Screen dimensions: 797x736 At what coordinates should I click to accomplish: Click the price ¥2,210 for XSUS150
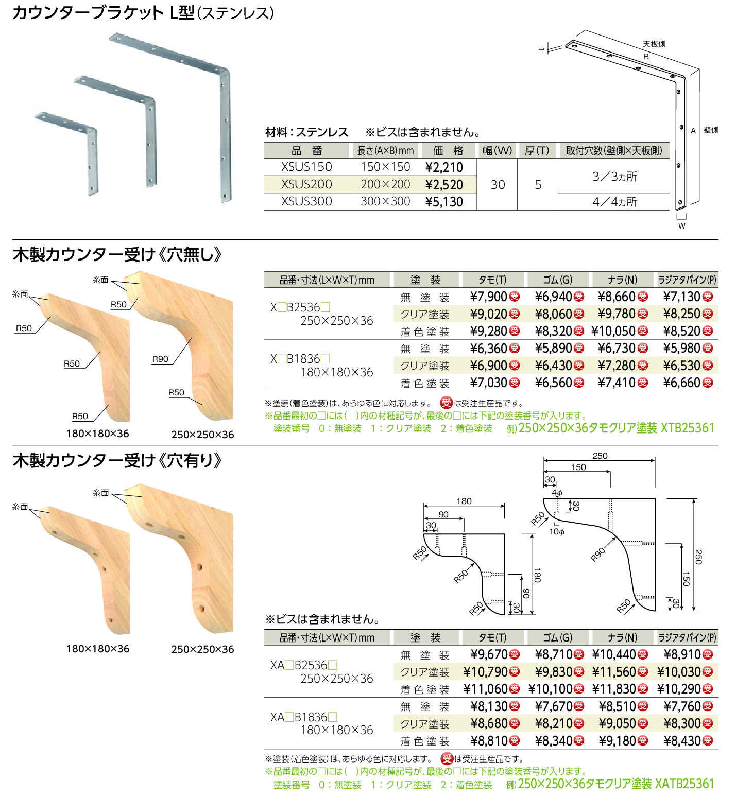pyautogui.click(x=444, y=167)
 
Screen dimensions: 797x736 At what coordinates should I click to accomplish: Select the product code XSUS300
pyautogui.click(x=306, y=201)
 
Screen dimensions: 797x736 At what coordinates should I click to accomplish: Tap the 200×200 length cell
pyautogui.click(x=385, y=184)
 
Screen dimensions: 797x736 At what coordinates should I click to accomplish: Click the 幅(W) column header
pyautogui.click(x=497, y=150)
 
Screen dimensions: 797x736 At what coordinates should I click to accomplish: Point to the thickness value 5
pyautogui.click(x=538, y=185)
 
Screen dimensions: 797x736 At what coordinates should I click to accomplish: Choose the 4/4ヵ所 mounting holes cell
pyautogui.click(x=614, y=202)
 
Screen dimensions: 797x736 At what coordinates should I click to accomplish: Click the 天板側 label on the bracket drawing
pyautogui.click(x=654, y=44)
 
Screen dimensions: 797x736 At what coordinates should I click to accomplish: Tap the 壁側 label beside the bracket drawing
pyautogui.click(x=711, y=130)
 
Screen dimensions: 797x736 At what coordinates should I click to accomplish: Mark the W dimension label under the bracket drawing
pyautogui.click(x=681, y=226)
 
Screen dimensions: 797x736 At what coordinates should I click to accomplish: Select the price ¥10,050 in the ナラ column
pyautogui.click(x=613, y=331)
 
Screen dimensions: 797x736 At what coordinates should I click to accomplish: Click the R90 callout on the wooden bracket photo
pyautogui.click(x=160, y=359)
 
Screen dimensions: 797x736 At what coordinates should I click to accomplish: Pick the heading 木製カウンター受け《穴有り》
pyautogui.click(x=117, y=460)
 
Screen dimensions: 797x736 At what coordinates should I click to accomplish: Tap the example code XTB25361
pyautogui.click(x=687, y=428)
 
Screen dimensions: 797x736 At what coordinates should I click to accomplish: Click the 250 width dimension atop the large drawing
pyautogui.click(x=600, y=456)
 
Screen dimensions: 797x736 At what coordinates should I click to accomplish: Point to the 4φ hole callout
pyautogui.click(x=557, y=493)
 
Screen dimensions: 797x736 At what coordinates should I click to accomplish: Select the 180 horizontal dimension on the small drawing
pyautogui.click(x=464, y=501)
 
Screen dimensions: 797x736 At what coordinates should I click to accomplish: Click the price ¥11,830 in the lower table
pyautogui.click(x=614, y=689)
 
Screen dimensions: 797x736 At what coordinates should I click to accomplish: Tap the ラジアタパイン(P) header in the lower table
pyautogui.click(x=687, y=637)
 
